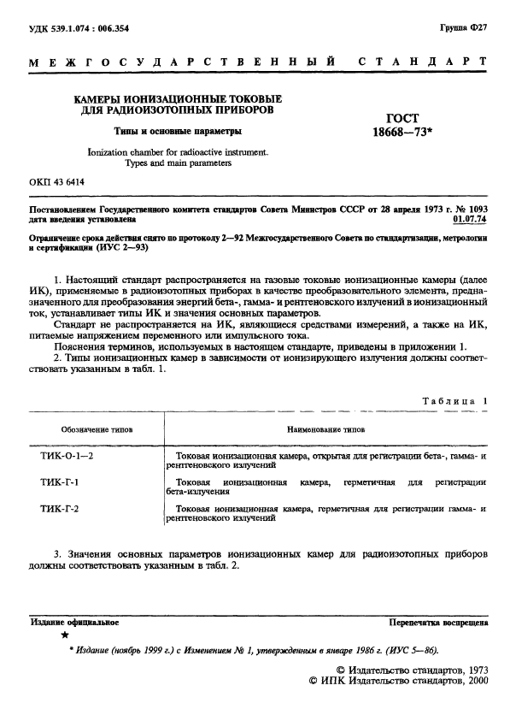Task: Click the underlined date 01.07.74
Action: click(468, 219)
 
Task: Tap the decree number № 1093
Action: click(471, 209)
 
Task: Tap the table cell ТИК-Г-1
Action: click(60, 483)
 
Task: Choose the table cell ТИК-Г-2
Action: click(60, 509)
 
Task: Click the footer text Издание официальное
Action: click(74, 623)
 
